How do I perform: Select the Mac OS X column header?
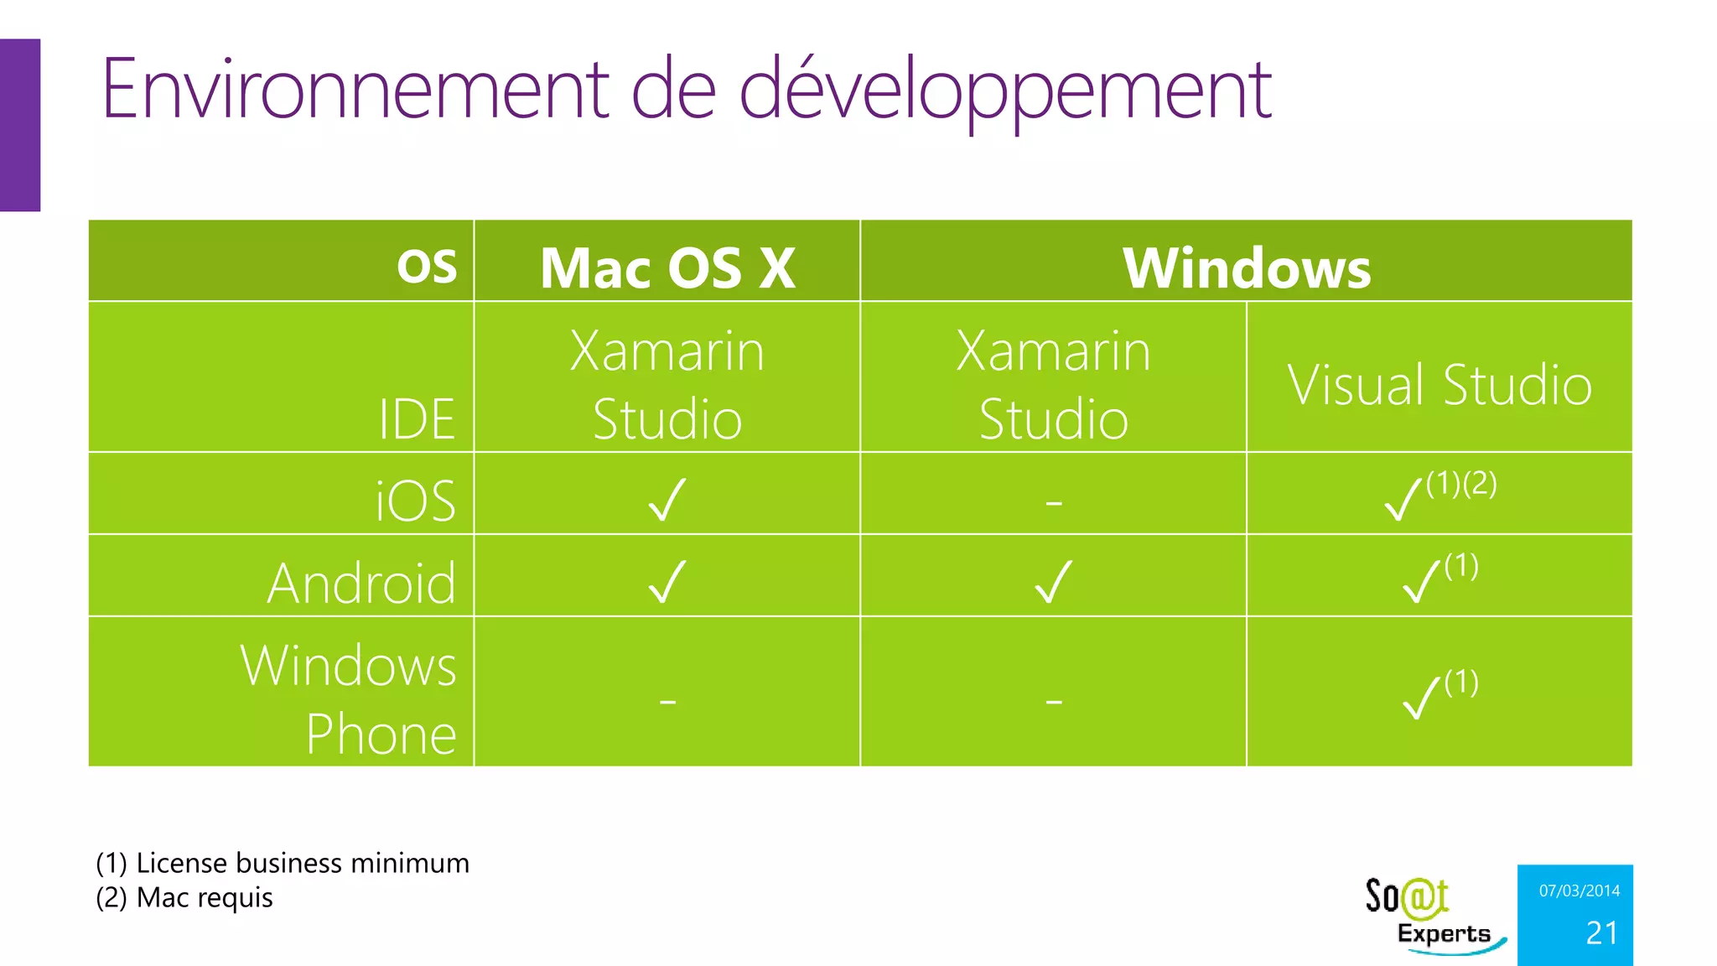667,268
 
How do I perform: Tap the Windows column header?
1246,268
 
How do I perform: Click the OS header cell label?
427,267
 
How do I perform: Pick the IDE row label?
417,418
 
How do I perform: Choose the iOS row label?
415,501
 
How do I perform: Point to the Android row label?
361,583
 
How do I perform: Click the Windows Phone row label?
349,699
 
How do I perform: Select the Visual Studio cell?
1439,385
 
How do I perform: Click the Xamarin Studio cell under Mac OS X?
667,385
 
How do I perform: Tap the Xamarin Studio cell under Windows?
1053,385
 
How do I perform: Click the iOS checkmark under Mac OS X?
667,500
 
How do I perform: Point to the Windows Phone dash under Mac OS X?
667,700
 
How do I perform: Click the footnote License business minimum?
283,863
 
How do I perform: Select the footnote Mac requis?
184,897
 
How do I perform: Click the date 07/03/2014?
1579,891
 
